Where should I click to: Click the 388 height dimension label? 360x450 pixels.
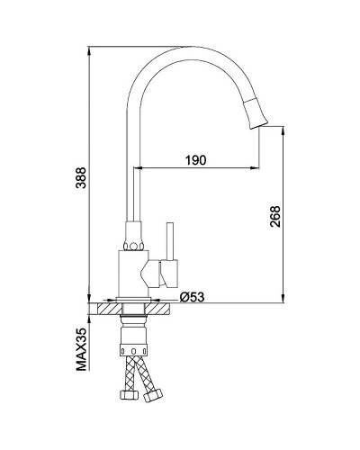coord(81,177)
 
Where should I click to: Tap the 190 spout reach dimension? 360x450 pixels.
coord(195,160)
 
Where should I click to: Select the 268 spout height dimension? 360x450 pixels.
coord(274,216)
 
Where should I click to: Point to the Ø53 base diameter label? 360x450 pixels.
coord(192,297)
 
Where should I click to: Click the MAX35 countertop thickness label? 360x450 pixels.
coord(81,349)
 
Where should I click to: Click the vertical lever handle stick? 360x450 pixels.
coord(170,241)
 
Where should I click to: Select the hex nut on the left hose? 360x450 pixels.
coord(130,395)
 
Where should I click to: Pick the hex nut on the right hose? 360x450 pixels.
coord(153,395)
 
